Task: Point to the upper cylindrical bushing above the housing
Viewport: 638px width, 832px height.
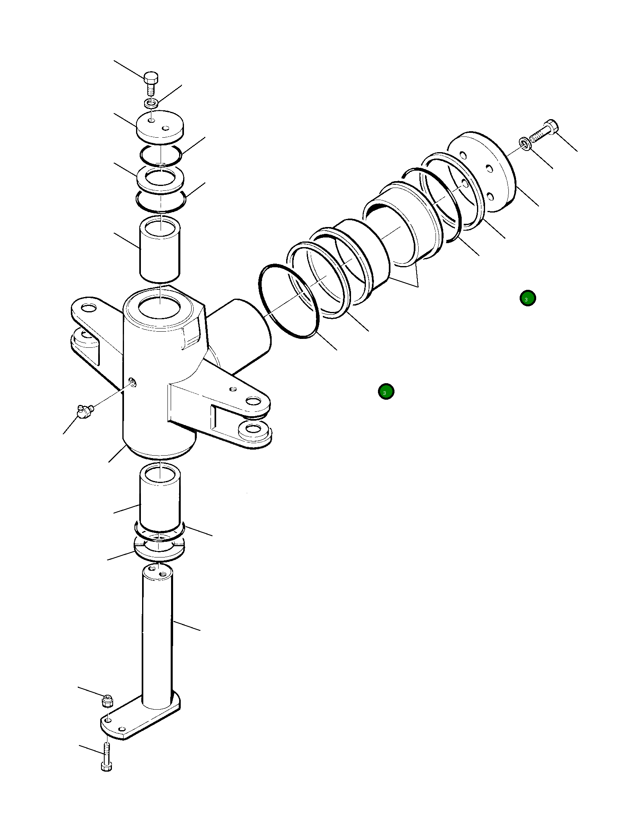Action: pyautogui.click(x=160, y=250)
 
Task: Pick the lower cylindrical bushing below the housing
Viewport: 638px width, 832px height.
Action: pyautogui.click(x=160, y=498)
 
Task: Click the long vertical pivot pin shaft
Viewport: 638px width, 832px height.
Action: pyautogui.click(x=157, y=636)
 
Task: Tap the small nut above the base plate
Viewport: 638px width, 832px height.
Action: pyautogui.click(x=107, y=702)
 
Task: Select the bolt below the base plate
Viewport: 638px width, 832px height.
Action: pyautogui.click(x=106, y=759)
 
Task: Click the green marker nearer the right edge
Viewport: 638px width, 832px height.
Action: pyautogui.click(x=527, y=298)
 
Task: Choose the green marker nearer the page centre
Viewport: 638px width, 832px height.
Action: pyautogui.click(x=386, y=391)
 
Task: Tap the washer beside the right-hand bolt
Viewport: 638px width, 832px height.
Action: pyautogui.click(x=524, y=143)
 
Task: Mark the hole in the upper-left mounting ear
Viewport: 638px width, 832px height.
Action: pyautogui.click(x=89, y=308)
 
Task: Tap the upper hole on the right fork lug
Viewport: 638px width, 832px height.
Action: pyautogui.click(x=253, y=401)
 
